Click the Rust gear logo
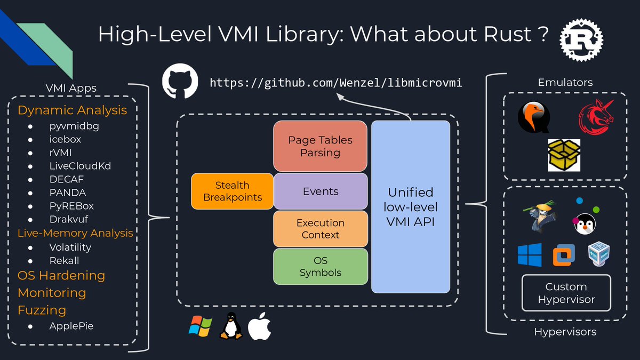581,39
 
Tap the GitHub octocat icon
180,82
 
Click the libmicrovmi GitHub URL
335,83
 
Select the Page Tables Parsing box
320,146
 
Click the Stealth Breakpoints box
232,191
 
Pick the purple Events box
320,191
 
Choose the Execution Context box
320,229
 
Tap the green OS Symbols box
320,266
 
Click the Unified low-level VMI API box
411,207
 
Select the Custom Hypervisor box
566,293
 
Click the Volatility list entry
70,247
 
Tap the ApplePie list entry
71,325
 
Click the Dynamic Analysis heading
73,110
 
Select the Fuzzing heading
42,310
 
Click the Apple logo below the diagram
258,326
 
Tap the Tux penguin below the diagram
230,326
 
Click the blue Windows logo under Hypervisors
529,255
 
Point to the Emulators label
565,82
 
